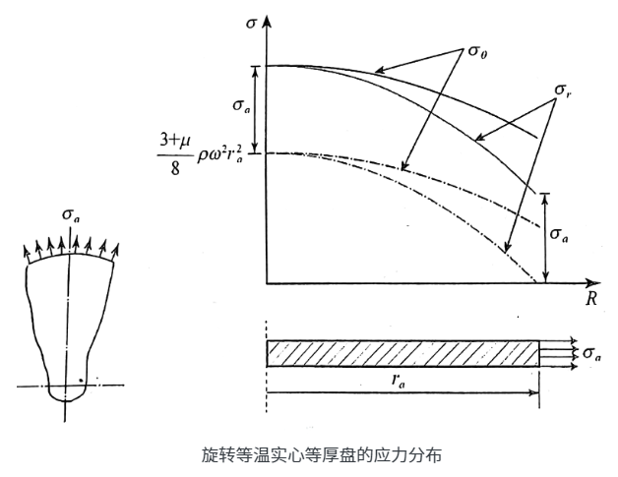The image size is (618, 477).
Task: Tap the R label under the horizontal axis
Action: point(591,299)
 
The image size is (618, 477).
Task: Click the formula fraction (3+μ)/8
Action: point(168,154)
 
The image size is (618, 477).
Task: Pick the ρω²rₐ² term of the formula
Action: point(222,155)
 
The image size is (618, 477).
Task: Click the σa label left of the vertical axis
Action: point(239,104)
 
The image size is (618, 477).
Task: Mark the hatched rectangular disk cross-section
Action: point(402,352)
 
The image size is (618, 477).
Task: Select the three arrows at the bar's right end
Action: point(559,352)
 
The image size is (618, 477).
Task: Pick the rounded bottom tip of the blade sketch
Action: point(65,395)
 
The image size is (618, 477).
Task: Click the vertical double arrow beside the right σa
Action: point(544,236)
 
